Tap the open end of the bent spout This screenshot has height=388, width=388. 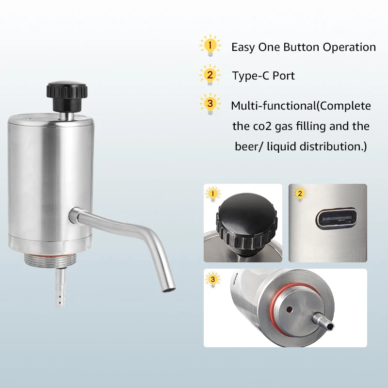(x=169, y=289)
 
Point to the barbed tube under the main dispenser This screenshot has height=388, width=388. (x=60, y=288)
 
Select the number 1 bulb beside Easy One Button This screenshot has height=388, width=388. (x=210, y=46)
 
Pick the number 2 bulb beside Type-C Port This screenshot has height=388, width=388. (x=210, y=75)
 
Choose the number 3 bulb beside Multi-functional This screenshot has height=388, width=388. (x=210, y=104)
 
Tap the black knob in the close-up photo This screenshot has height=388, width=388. (x=246, y=224)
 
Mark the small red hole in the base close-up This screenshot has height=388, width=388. (x=289, y=309)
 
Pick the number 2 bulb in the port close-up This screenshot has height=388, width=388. (x=300, y=193)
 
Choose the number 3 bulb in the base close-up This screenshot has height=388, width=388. (x=212, y=279)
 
